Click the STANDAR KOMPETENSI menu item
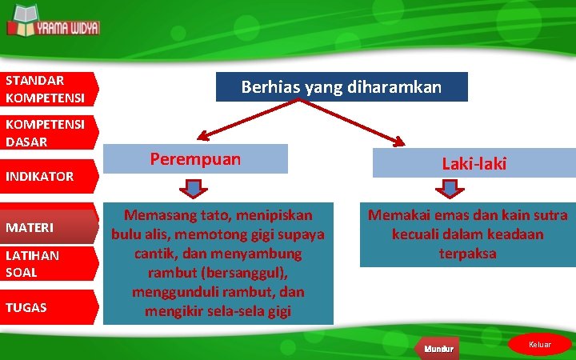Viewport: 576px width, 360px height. (48, 89)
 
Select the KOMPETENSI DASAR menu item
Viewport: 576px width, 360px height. (48, 134)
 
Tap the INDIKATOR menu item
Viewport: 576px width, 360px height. (48, 176)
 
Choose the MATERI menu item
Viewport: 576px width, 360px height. (48, 228)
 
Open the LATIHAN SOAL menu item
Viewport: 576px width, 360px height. (48, 263)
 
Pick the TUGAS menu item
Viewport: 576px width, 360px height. (48, 307)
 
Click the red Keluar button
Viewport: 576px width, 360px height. (540, 344)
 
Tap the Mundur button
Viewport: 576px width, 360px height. (439, 349)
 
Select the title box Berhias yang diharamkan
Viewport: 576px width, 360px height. (342, 87)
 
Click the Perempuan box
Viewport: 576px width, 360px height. (195, 158)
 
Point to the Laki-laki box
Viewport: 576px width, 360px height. (474, 163)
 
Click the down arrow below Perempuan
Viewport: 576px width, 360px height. (194, 188)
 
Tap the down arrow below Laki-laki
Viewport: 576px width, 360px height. (451, 188)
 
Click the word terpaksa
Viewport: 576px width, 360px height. (468, 254)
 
